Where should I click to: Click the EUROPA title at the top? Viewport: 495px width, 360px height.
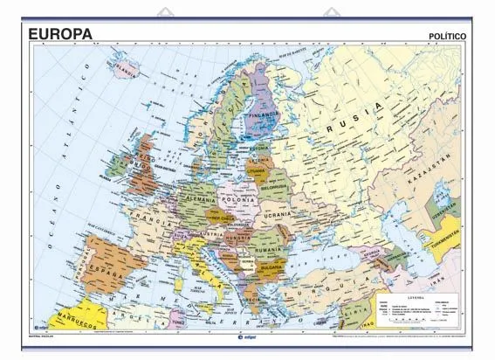[x=60, y=33]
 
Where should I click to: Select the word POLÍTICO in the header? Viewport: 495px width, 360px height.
[x=454, y=37]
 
